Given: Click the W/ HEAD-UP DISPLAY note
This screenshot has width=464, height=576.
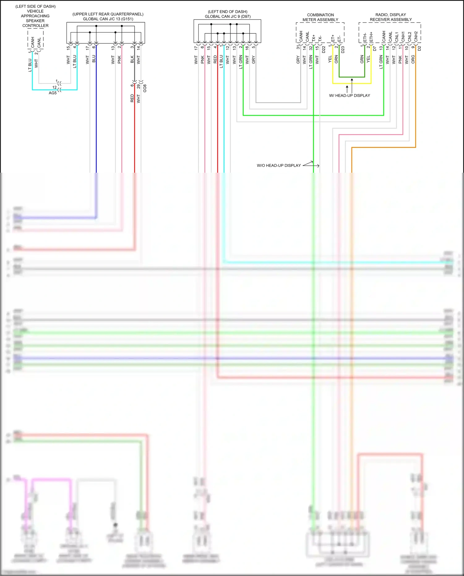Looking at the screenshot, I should click(349, 95).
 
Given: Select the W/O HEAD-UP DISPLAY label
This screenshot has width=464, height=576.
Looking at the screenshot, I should click(278, 165).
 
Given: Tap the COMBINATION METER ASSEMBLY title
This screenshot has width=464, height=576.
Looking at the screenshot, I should click(320, 17).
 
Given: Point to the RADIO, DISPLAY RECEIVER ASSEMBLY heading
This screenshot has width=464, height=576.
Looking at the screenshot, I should click(391, 17).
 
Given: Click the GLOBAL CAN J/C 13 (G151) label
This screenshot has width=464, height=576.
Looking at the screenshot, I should click(108, 19).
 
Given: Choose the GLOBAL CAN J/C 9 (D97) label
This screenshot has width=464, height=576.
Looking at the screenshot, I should click(227, 16).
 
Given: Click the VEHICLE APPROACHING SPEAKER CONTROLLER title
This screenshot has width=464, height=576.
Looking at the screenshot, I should click(35, 18).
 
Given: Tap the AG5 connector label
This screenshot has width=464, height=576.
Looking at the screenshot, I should click(53, 93).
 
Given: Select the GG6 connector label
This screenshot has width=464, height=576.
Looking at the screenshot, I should click(145, 88).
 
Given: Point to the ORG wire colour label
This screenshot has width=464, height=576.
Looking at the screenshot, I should click(413, 59).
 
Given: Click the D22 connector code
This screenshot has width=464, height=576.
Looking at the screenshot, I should click(324, 49).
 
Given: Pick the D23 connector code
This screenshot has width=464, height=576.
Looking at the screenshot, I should click(343, 50).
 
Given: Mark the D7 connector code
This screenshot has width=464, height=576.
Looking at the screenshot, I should click(375, 49).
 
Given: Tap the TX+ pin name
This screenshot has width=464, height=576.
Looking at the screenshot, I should click(314, 38).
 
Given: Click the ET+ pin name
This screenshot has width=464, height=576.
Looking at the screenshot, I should click(333, 38).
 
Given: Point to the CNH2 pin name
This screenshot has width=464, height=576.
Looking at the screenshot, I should click(416, 37).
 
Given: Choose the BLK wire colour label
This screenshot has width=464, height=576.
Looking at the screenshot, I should click(132, 59).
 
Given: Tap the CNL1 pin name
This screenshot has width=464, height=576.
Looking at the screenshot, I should click(397, 37).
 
